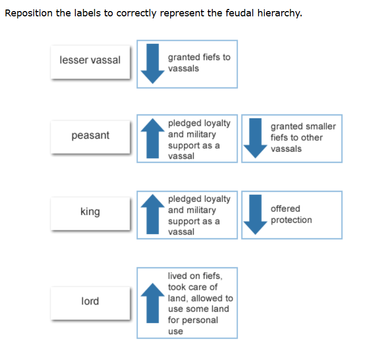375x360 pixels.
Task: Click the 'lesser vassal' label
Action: point(90,60)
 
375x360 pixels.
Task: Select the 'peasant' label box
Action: point(90,135)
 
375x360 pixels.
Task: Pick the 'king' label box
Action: point(90,211)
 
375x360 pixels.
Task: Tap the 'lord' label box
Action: point(90,301)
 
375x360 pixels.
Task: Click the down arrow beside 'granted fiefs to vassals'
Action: point(152,63)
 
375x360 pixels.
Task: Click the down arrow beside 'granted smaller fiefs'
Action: point(255,138)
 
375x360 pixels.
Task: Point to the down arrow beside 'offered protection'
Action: point(255,214)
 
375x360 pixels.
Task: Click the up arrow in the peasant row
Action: point(152,138)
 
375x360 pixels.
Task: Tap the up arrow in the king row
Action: point(152,214)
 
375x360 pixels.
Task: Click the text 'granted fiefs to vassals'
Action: point(199,63)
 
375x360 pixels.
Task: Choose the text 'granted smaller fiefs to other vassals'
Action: point(303,138)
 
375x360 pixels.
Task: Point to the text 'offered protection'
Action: point(291,214)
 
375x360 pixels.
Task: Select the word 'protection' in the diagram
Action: point(291,220)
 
